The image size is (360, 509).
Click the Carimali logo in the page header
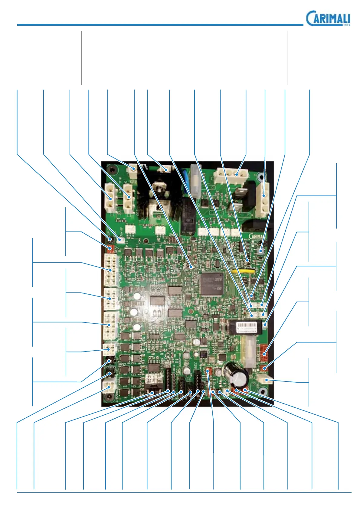(x=328, y=18)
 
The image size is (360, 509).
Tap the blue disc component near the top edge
(x=185, y=179)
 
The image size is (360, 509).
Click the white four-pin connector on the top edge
(x=231, y=175)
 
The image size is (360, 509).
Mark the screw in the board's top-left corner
(x=113, y=170)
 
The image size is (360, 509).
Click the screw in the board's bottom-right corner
(x=264, y=392)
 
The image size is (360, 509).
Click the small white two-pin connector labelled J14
(x=120, y=240)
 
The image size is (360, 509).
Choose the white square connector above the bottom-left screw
(x=108, y=386)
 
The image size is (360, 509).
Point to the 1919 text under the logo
(x=346, y=25)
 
